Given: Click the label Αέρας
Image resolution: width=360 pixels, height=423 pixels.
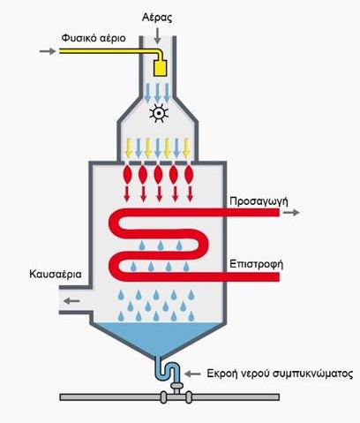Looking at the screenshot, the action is pyautogui.click(x=157, y=18).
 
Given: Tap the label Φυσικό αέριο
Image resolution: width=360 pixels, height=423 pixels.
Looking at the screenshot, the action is pyautogui.click(x=94, y=38).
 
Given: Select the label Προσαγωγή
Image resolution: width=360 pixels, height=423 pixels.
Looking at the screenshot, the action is pyautogui.click(x=259, y=201).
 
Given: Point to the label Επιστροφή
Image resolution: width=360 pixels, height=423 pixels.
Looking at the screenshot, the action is pyautogui.click(x=256, y=264).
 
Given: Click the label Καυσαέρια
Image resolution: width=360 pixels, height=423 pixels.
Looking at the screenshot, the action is pyautogui.click(x=56, y=274).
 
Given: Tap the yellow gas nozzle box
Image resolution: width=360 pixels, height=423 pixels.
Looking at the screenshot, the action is pyautogui.click(x=161, y=68).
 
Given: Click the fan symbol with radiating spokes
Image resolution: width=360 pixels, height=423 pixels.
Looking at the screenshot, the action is pyautogui.click(x=159, y=113).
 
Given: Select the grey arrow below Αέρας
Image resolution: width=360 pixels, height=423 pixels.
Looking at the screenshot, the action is pyautogui.click(x=158, y=35).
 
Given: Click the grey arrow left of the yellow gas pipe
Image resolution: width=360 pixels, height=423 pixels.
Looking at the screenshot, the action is pyautogui.click(x=48, y=51).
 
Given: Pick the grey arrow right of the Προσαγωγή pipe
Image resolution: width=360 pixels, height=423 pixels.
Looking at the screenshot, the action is pyautogui.click(x=291, y=213).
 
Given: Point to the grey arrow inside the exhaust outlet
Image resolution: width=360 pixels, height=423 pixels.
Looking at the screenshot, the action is pyautogui.click(x=71, y=301).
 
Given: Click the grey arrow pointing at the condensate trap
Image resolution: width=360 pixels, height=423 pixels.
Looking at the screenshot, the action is pyautogui.click(x=192, y=374).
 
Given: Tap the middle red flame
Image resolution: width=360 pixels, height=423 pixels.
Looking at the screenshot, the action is pyautogui.click(x=158, y=174).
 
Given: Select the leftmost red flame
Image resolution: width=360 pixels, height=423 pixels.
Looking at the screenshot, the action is pyautogui.click(x=127, y=174).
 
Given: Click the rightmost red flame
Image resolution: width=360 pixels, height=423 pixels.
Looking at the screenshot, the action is pyautogui.click(x=189, y=174).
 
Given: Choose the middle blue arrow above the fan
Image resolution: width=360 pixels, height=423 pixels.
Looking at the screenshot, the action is pyautogui.click(x=157, y=93).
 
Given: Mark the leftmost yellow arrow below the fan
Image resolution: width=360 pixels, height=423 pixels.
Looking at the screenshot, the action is pyautogui.click(x=129, y=148).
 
